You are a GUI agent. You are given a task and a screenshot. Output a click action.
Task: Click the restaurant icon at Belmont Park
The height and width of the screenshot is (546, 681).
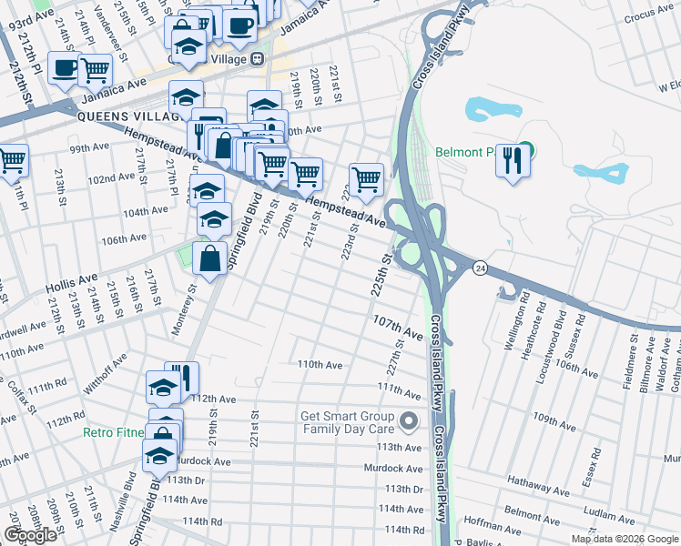(x=513, y=160)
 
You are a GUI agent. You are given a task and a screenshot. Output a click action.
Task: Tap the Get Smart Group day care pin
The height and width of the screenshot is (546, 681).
(x=409, y=420)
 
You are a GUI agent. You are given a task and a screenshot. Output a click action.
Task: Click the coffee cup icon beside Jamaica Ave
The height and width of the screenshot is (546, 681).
(x=66, y=68)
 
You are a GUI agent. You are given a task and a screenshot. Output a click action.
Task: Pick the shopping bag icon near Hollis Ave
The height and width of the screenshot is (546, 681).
(x=210, y=258)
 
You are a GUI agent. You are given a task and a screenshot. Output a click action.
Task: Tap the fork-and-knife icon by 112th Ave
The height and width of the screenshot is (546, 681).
(x=182, y=378)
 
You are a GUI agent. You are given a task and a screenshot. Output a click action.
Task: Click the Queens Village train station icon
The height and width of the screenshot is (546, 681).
(x=258, y=59)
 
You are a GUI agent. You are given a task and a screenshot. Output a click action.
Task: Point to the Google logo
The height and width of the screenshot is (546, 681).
(x=30, y=535)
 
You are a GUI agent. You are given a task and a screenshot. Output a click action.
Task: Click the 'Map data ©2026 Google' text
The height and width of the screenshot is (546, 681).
(x=625, y=539)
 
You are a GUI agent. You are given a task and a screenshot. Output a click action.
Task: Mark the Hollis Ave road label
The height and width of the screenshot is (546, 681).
(x=72, y=282)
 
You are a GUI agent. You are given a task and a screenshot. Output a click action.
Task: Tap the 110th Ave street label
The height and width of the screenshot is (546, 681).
(x=320, y=364)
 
